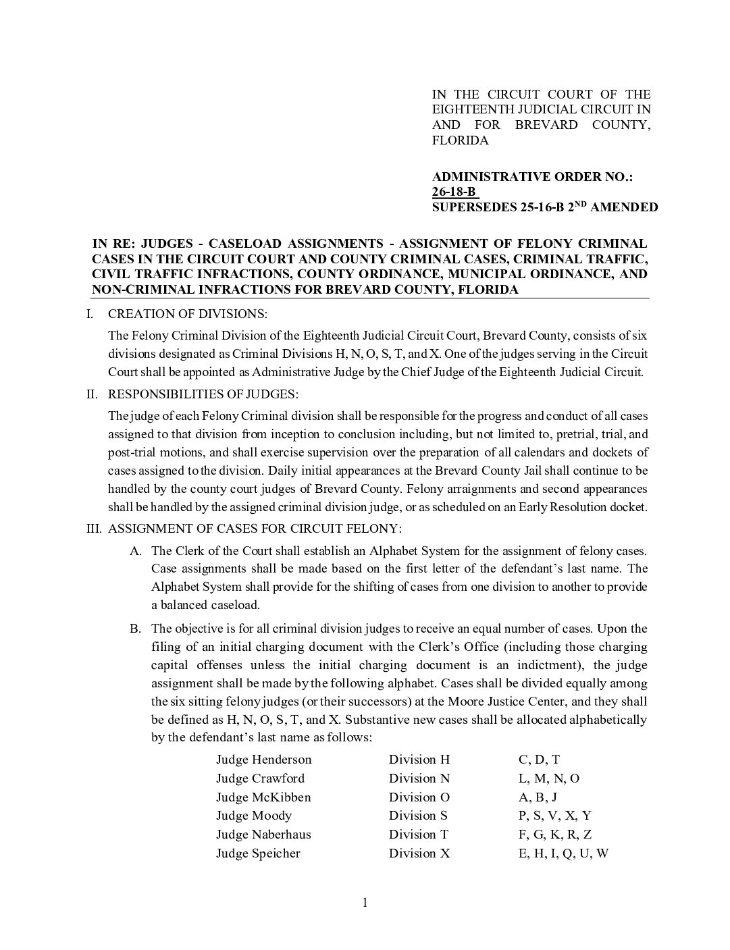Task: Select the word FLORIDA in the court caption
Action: pyautogui.click(x=460, y=140)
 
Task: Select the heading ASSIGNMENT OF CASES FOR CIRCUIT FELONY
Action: pyautogui.click(x=255, y=528)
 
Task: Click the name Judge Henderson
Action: pyautogui.click(x=263, y=760)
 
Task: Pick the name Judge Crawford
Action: pyautogui.click(x=260, y=779)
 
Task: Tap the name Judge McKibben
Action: pyautogui.click(x=263, y=797)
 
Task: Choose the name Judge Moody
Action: pyautogui.click(x=254, y=816)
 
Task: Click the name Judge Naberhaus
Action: pyautogui.click(x=263, y=835)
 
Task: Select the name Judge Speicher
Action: pyautogui.click(x=258, y=853)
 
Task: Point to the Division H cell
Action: pyautogui.click(x=419, y=760)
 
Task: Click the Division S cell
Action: pyautogui.click(x=418, y=816)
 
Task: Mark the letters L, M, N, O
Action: pyautogui.click(x=549, y=779)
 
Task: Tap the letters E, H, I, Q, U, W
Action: pyautogui.click(x=563, y=853)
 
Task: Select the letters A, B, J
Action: pyautogui.click(x=538, y=797)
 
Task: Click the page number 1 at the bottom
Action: pyautogui.click(x=365, y=903)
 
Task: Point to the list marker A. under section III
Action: pyautogui.click(x=136, y=551)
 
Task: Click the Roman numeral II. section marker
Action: pyautogui.click(x=93, y=394)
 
